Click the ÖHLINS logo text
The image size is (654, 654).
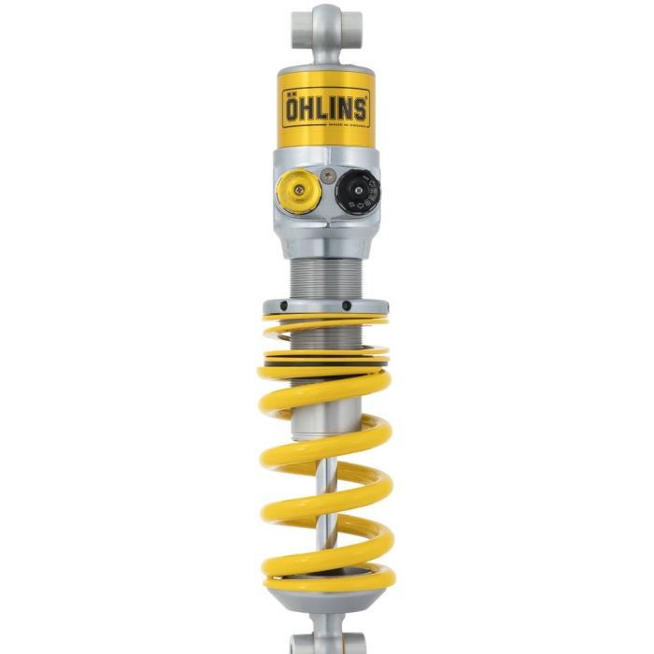(325, 107)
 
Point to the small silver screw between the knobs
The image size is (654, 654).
(326, 175)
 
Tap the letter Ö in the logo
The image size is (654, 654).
(294, 107)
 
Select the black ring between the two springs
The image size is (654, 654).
(326, 356)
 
